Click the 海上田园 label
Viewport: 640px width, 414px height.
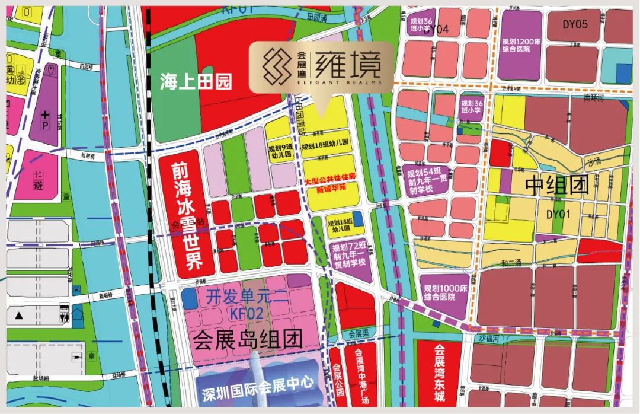click(x=195, y=82)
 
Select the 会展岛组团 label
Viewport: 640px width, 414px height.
click(x=248, y=339)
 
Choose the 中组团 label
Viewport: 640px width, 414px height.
click(x=557, y=186)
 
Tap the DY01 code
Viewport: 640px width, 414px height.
click(x=558, y=214)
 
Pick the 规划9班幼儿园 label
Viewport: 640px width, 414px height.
click(x=280, y=149)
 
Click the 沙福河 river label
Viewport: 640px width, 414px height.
click(x=491, y=337)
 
